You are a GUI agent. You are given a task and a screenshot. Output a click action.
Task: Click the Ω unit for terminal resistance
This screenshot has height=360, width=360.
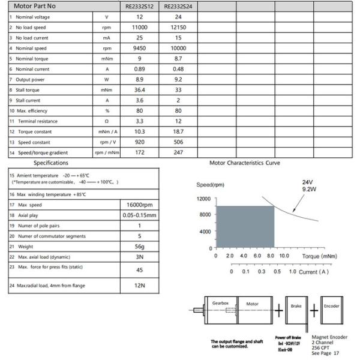click(107, 121)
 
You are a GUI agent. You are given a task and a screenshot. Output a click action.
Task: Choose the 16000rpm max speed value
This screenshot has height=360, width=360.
click(139, 205)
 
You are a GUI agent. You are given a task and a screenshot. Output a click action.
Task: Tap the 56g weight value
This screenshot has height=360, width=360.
click(139, 246)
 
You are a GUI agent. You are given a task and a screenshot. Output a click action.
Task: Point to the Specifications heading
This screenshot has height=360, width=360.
click(50, 163)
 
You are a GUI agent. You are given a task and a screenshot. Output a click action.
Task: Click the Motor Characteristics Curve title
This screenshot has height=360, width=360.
click(244, 163)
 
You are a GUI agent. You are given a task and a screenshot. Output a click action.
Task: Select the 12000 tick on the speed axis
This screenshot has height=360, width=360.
click(203, 199)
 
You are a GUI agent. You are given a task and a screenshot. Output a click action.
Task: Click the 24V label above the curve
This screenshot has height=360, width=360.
click(307, 182)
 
